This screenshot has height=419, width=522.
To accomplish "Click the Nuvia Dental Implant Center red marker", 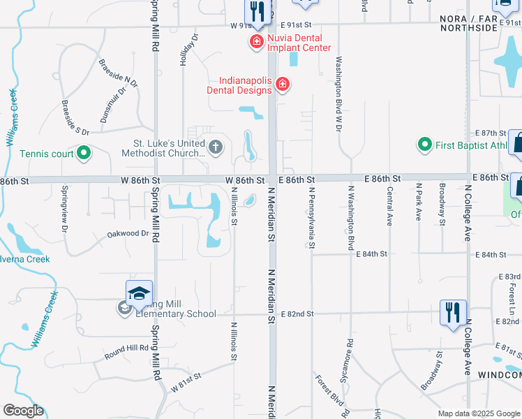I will pyautogui.click(x=256, y=42).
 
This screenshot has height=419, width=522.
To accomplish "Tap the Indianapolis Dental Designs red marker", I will pyautogui.click(x=283, y=85).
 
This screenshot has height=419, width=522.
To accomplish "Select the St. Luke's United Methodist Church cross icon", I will pyautogui.click(x=216, y=147).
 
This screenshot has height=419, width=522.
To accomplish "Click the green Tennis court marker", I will pyautogui.click(x=84, y=153).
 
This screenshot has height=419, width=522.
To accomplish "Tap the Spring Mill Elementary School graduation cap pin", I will pyautogui.click(x=139, y=294).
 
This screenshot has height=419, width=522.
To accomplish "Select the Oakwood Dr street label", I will pyautogui.click(x=128, y=234).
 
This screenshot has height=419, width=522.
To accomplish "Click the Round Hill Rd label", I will pyautogui.click(x=127, y=348).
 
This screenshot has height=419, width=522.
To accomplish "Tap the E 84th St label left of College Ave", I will pyautogui.click(x=371, y=254).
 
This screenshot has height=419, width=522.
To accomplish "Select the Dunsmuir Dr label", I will pyautogui.click(x=112, y=105).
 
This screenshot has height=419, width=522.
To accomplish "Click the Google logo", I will pyautogui.click(x=23, y=411).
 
